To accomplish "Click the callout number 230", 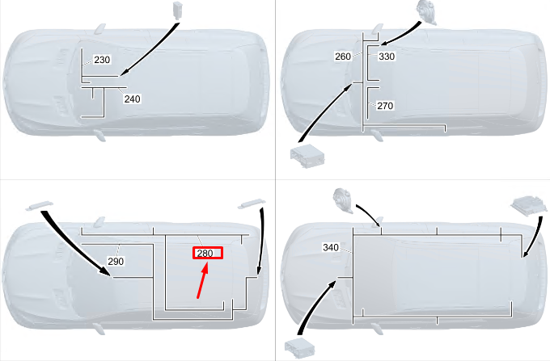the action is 102,60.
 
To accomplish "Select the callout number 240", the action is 132,99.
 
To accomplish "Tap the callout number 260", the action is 343,57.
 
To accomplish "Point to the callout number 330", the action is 387,57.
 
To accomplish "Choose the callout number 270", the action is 385,106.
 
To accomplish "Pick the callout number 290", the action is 116,261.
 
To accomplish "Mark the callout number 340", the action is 331,248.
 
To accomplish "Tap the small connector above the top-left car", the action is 178,10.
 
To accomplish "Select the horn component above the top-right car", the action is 426,12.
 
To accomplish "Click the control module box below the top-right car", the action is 307,156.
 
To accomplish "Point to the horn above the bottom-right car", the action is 343,200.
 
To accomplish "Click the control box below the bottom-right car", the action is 299,348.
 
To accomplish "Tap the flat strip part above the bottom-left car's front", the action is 40,205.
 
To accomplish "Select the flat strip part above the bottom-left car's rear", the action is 252,204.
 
